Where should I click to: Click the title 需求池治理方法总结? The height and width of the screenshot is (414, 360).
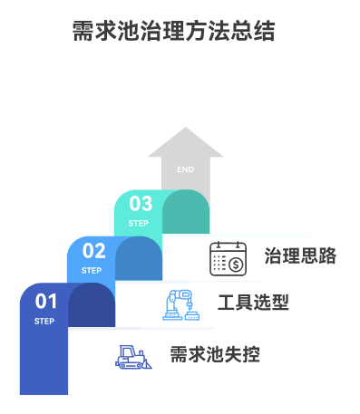pyautogui.click(x=172, y=32)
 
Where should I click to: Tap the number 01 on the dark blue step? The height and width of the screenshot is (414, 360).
pyautogui.click(x=46, y=300)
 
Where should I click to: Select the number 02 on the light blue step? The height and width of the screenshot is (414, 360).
pyautogui.click(x=94, y=251)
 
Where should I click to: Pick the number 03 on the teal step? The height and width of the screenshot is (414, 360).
pyautogui.click(x=141, y=204)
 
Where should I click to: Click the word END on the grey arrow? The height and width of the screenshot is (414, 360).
pyautogui.click(x=185, y=169)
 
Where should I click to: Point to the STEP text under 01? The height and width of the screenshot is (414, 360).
pyautogui.click(x=44, y=322)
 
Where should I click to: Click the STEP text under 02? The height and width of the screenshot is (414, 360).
pyautogui.click(x=92, y=271)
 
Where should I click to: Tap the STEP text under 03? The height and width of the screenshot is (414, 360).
pyautogui.click(x=138, y=224)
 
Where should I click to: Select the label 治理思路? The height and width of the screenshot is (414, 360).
pyautogui.click(x=300, y=255)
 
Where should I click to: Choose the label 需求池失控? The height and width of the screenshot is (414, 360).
pyautogui.click(x=215, y=354)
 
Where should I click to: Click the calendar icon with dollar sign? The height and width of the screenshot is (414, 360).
pyautogui.click(x=228, y=258)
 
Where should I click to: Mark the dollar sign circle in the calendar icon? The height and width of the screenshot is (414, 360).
pyautogui.click(x=236, y=265)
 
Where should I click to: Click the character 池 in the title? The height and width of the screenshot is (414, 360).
pyautogui.click(x=131, y=32)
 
